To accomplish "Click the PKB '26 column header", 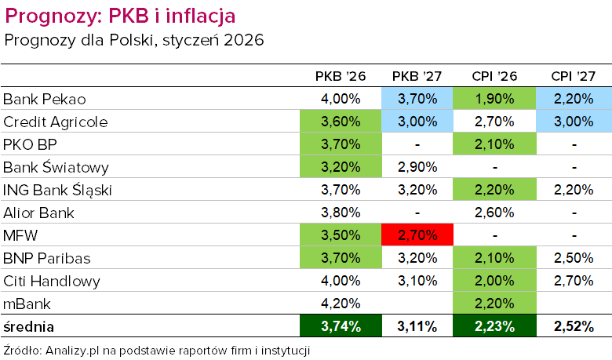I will click(340, 76).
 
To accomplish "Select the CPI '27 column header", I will click(573, 76).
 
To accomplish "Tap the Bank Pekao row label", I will click(44, 99).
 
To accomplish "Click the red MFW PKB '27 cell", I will click(417, 235).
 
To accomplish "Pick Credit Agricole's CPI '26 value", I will click(494, 122).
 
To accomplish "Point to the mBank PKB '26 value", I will click(340, 304).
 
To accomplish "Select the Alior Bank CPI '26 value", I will click(494, 213).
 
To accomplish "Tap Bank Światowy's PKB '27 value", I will click(417, 167).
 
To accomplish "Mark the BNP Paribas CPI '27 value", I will click(573, 258).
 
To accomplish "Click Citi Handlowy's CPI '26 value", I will click(494, 281).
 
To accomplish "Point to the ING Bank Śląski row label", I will click(58, 190).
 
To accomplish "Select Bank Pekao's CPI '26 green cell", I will click(494, 99).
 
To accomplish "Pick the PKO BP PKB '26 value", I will click(340, 144).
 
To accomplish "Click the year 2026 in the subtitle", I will click(242, 39).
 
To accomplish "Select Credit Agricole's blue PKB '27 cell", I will click(417, 122).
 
